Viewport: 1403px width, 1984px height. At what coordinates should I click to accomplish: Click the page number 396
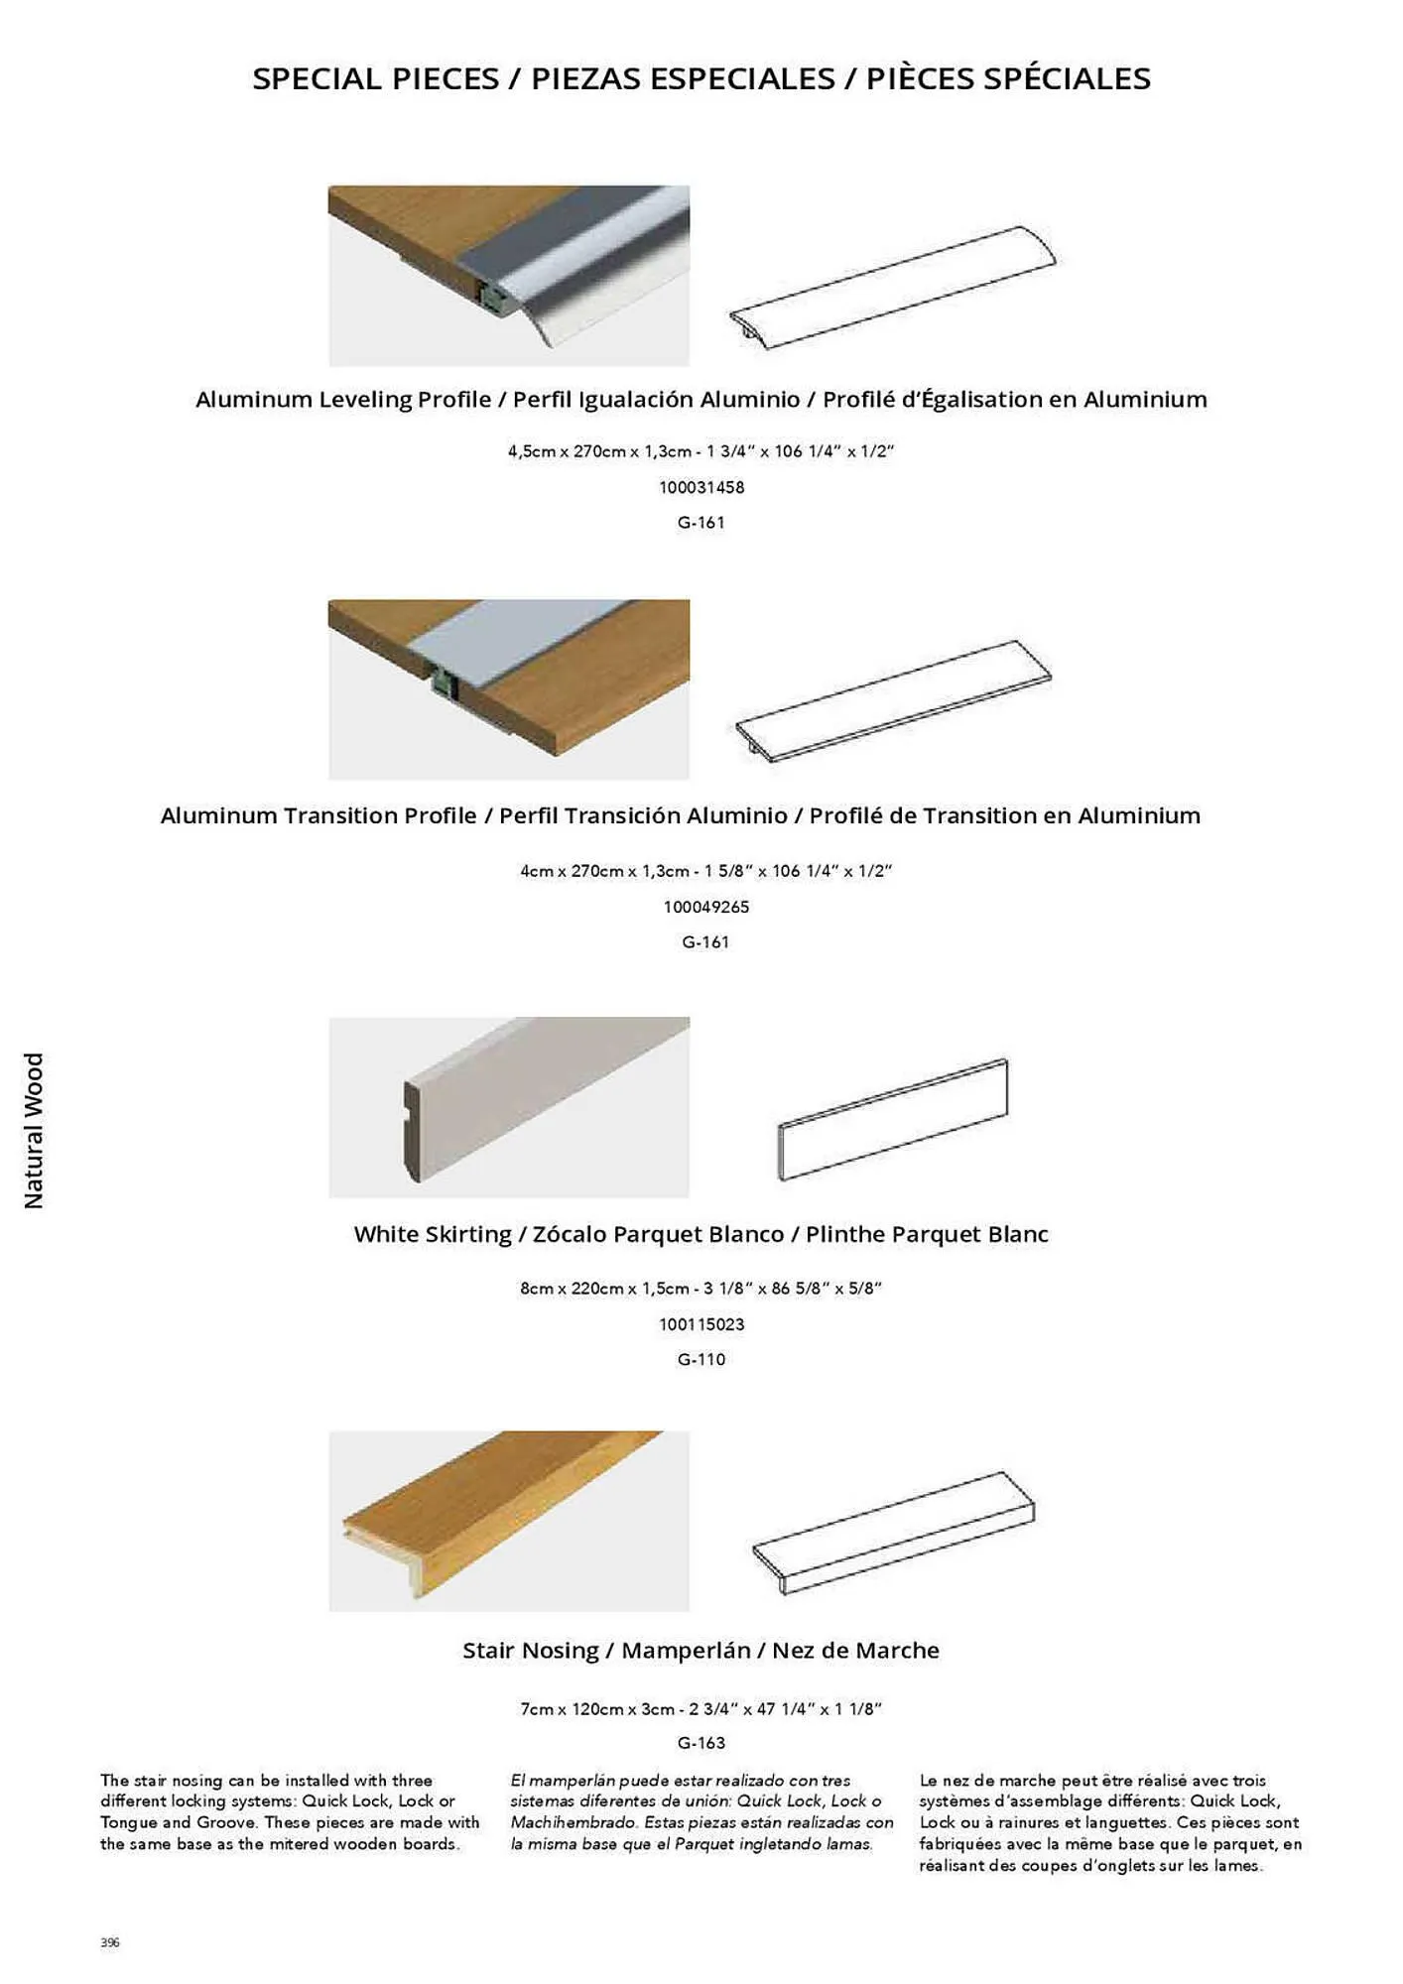pos(110,1942)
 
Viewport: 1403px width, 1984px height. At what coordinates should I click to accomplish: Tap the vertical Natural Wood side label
pos(35,1130)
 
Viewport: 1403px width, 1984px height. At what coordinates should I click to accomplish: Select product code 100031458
pos(701,487)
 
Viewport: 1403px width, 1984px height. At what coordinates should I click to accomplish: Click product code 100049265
pos(705,907)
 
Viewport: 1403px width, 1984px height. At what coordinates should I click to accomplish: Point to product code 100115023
pos(701,1324)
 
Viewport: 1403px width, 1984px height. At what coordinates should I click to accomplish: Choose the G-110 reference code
pos(701,1359)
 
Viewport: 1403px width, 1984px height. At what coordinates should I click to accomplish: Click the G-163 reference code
pos(701,1743)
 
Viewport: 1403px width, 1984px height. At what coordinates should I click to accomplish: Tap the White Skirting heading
pos(701,1234)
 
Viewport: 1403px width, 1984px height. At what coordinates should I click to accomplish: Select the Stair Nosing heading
pos(701,1651)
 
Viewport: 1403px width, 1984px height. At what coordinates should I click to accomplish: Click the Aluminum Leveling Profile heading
pos(701,399)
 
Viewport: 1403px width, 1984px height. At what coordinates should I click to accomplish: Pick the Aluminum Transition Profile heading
pos(681,815)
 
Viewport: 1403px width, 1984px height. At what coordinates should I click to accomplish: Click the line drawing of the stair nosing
pos(893,1533)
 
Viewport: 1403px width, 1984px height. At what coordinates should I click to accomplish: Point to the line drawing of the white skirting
pos(893,1120)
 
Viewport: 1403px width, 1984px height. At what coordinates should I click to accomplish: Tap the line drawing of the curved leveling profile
pos(893,288)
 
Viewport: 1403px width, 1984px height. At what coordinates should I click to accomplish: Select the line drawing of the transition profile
pos(893,700)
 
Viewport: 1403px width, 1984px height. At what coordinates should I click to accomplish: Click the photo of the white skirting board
pos(508,1106)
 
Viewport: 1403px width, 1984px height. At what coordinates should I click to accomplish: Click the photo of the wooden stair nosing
pos(508,1520)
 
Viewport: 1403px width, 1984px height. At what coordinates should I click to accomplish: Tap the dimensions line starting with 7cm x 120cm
pos(701,1709)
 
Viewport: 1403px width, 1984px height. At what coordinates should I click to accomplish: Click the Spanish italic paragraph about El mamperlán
pos(701,1812)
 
